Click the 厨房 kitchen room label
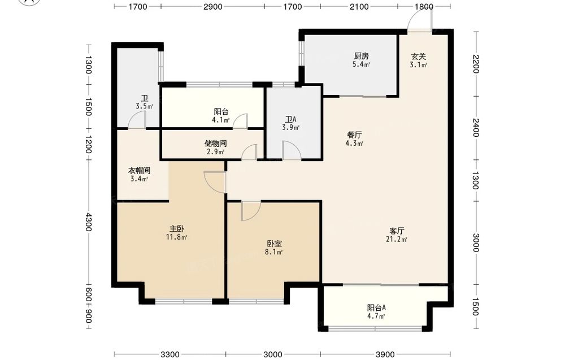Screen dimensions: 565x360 coord(361,56)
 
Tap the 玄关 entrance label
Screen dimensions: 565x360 coord(418,57)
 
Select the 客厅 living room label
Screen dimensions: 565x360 coord(397,231)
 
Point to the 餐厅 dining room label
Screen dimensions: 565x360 coord(354,135)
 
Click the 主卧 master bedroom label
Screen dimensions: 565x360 coord(177,229)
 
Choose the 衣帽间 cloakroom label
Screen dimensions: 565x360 coord(139,171)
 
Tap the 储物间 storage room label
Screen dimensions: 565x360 coord(215,144)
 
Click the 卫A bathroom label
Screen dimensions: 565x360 coord(290,119)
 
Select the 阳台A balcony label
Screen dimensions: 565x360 coord(376,308)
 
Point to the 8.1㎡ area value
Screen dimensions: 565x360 coord(273,252)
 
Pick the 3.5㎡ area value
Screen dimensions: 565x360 coord(145,106)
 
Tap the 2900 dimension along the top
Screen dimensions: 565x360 coord(212,6)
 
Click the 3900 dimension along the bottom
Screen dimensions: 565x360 coord(385,354)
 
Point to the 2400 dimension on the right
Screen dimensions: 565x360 coord(476,128)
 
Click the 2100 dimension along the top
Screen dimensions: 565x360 coord(359,6)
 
